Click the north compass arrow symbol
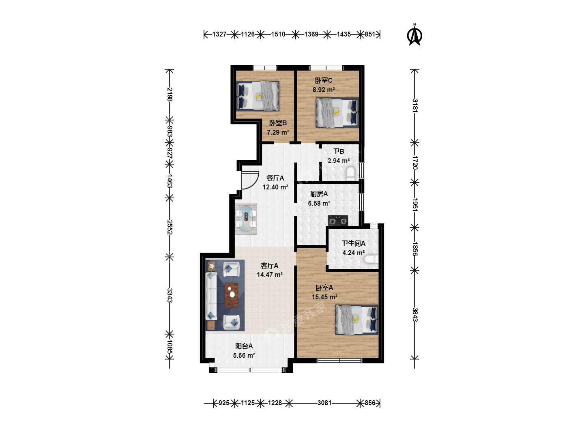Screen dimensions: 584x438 pyautogui.click(x=414, y=35)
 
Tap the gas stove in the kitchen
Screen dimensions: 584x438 pyautogui.click(x=338, y=221)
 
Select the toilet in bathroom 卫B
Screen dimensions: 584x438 pyautogui.click(x=351, y=173)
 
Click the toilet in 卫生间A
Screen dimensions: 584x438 pyautogui.click(x=371, y=259)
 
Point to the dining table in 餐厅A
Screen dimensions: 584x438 pyautogui.click(x=246, y=219)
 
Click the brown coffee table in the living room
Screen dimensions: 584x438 pyautogui.click(x=232, y=295)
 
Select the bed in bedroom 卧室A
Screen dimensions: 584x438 pyautogui.click(x=356, y=320)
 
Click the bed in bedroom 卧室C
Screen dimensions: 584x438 pyautogui.click(x=337, y=113)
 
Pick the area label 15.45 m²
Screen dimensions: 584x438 pyautogui.click(x=324, y=297)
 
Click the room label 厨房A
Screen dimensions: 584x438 pyautogui.click(x=319, y=194)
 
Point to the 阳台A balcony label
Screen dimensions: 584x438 pyautogui.click(x=244, y=346)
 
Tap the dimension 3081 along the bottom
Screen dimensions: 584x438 pyautogui.click(x=324, y=403)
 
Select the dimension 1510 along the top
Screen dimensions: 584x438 pyautogui.click(x=278, y=34)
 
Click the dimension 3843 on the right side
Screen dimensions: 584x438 pyautogui.click(x=415, y=315)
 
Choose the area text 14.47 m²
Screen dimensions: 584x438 pyautogui.click(x=270, y=275)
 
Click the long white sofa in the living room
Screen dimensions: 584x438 pyautogui.click(x=211, y=296)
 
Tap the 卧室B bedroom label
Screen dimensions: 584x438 pyautogui.click(x=278, y=123)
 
